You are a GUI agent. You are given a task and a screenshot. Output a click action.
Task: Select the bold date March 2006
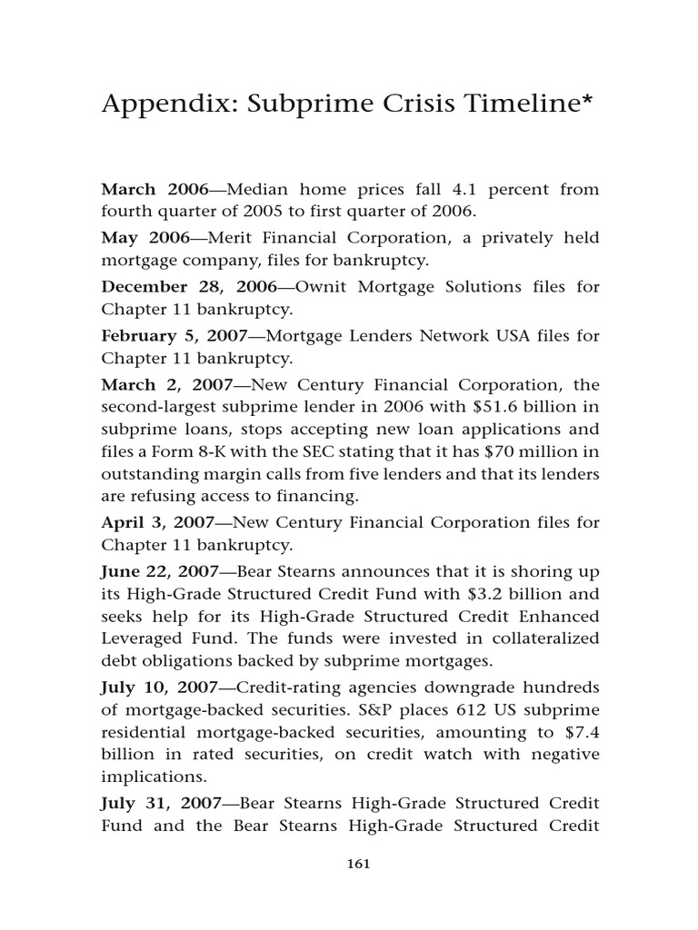[155, 189]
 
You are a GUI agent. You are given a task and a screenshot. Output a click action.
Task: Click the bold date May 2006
[145, 238]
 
